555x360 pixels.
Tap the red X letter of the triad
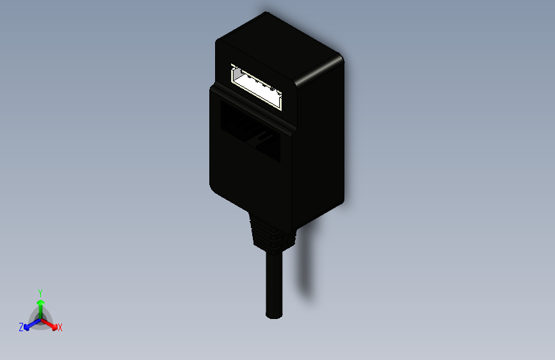point(60,327)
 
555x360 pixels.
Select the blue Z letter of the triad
point(21,327)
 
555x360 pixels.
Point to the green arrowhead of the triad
point(40,302)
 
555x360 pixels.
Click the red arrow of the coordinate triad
point(51,323)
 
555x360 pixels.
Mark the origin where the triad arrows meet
point(41,318)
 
